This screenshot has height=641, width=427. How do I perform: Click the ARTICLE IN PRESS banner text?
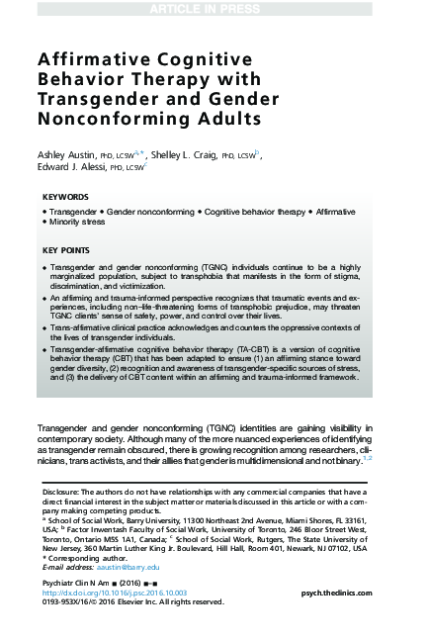pos(213,9)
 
